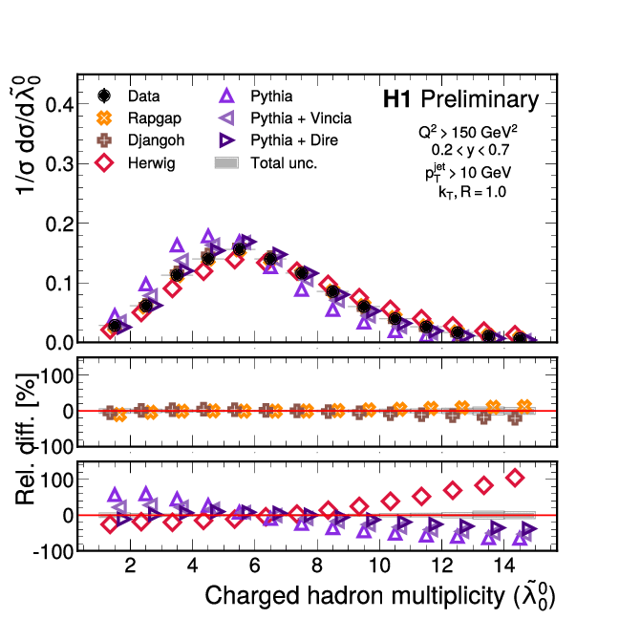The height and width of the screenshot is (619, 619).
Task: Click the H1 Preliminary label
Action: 459,99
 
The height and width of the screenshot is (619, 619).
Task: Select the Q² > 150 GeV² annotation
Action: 470,132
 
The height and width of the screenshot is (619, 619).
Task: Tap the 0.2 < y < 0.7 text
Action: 471,150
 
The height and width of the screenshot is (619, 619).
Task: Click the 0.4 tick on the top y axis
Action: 58,104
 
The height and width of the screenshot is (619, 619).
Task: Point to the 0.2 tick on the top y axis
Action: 58,224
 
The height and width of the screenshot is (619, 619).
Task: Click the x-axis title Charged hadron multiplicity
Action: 380,597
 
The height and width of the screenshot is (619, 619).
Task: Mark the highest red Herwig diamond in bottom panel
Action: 515,478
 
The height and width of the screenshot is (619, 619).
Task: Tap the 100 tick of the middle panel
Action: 54,374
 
